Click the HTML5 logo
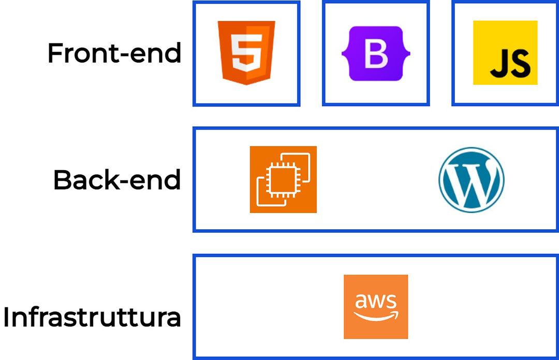coord(246,53)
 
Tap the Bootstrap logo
coord(376,53)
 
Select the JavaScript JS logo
coord(505,53)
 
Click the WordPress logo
coord(471,179)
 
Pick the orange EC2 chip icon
coord(283,179)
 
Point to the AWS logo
coord(376,307)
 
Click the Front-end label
coord(114,53)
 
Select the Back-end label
coord(117,180)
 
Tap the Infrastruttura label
coord(92,317)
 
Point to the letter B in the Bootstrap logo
coord(376,54)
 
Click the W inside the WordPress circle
coord(471,181)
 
